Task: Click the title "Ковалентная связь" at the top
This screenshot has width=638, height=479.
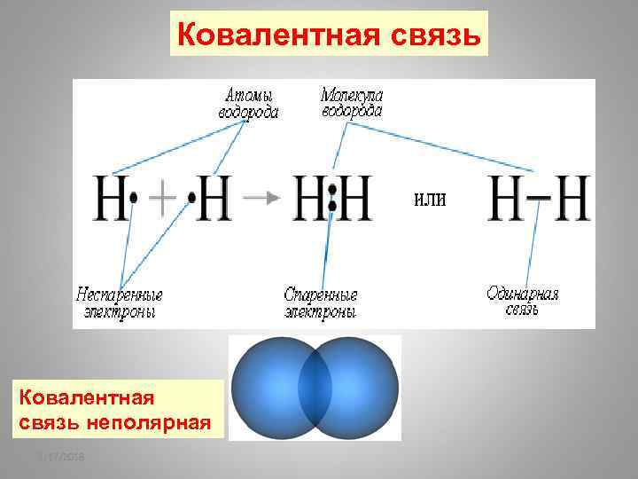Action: [329, 34]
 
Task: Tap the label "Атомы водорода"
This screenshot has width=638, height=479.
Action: [248, 103]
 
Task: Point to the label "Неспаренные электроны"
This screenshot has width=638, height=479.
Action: [120, 302]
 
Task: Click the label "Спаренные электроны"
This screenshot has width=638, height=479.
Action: [321, 302]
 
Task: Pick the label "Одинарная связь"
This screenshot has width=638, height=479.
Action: [523, 301]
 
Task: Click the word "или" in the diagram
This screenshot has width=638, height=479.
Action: [430, 199]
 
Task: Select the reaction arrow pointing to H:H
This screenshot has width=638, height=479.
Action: [261, 198]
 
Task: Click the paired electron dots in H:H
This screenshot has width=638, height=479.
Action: [332, 198]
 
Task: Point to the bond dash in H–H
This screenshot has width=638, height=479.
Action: [535, 197]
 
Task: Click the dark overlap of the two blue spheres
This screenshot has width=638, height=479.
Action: [315, 388]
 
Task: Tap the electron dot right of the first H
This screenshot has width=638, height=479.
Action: [133, 199]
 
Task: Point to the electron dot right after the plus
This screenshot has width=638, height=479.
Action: [190, 199]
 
